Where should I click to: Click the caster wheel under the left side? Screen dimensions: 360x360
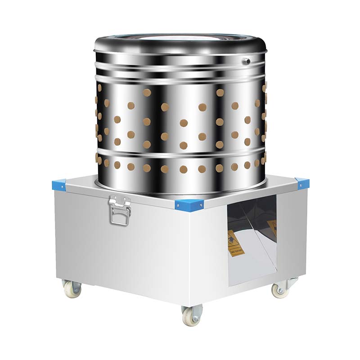click(72, 288)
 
